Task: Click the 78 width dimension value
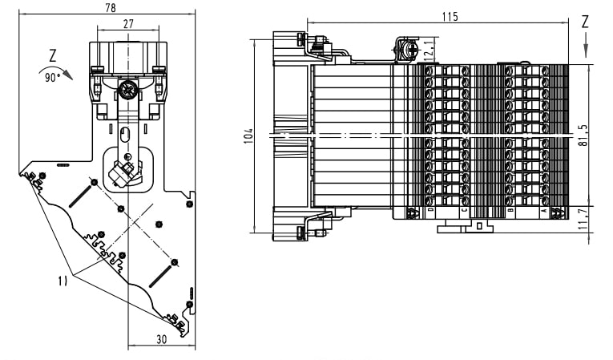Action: point(110,7)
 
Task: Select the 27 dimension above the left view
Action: point(128,24)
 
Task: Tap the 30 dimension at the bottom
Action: point(161,340)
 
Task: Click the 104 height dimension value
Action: point(249,136)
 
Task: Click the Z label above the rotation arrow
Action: point(53,56)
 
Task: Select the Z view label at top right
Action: point(585,22)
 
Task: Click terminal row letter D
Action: point(431,211)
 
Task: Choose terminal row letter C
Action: point(466,211)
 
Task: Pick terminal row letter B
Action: point(511,211)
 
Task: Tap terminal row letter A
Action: point(546,211)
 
